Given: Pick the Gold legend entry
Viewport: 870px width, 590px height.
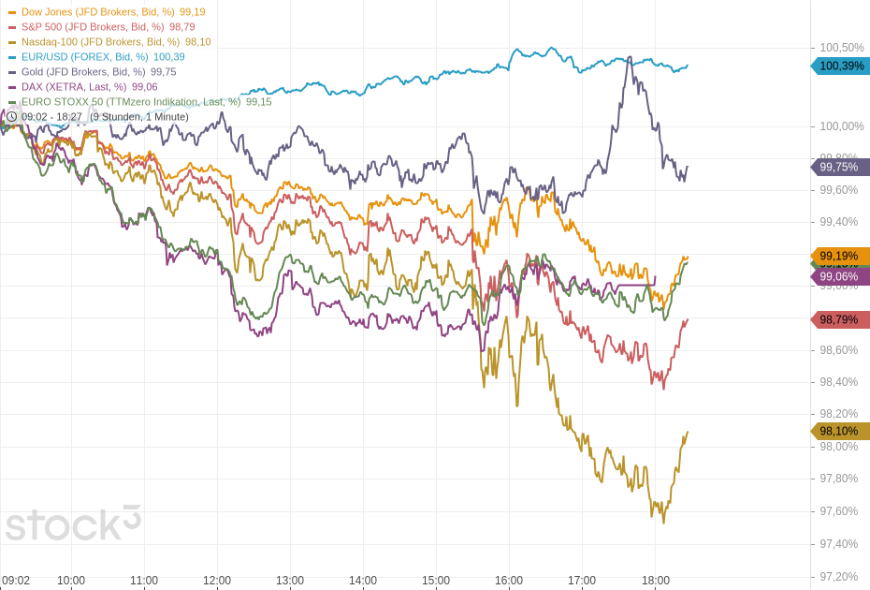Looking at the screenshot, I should click(x=83, y=71).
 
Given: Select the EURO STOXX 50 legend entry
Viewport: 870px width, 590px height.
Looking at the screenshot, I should click(x=130, y=101).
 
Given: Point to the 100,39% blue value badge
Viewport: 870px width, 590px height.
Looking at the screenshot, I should click(x=841, y=66).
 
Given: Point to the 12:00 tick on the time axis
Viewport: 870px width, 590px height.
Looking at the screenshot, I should click(x=217, y=581).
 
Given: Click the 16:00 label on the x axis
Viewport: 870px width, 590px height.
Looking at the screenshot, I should click(x=509, y=581).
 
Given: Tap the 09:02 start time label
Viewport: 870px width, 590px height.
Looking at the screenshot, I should click(x=16, y=581).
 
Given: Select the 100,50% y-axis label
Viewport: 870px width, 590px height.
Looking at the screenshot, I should click(x=842, y=48).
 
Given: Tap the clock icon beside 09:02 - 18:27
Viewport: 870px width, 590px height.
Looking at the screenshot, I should click(x=11, y=116).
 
